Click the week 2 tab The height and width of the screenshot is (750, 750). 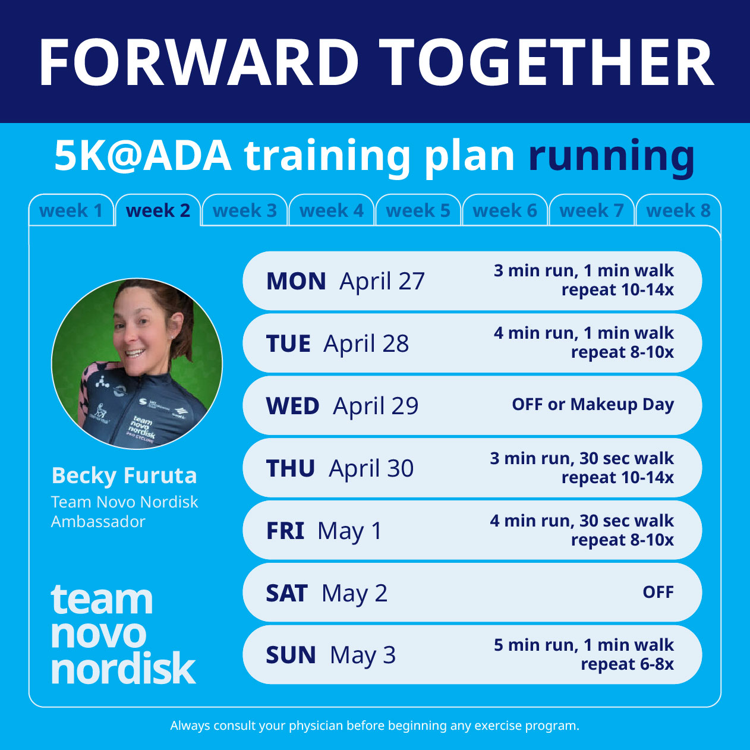[158, 211]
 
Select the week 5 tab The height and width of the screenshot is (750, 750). [418, 211]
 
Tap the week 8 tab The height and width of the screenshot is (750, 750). [678, 211]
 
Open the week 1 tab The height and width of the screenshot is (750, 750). [71, 211]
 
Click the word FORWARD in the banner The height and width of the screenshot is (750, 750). [199, 63]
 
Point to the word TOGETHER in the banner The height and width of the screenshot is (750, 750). [546, 63]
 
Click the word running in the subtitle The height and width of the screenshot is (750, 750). [612, 156]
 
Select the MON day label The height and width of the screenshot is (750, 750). [296, 281]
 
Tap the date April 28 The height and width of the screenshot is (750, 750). [366, 344]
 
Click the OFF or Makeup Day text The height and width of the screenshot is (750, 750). [593, 405]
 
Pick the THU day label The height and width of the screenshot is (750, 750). [291, 468]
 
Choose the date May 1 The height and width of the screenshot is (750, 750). [349, 531]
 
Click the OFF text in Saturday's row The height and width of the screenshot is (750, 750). [658, 593]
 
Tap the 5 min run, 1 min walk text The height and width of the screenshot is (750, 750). [584, 645]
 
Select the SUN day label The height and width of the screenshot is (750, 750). [291, 655]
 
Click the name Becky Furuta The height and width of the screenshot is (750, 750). [124, 475]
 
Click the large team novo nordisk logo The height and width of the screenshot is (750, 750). [122, 634]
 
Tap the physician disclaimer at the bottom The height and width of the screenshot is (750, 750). [374, 726]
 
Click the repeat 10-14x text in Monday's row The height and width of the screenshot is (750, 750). [617, 290]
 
